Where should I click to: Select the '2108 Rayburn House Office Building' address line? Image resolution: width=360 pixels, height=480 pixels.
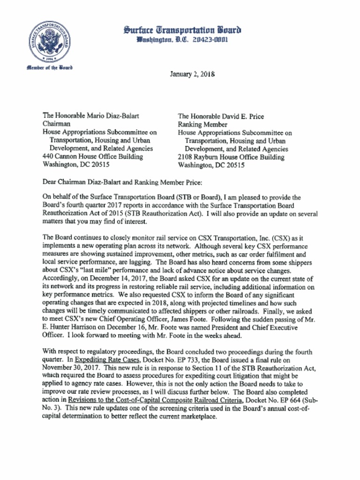click(x=231, y=157)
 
